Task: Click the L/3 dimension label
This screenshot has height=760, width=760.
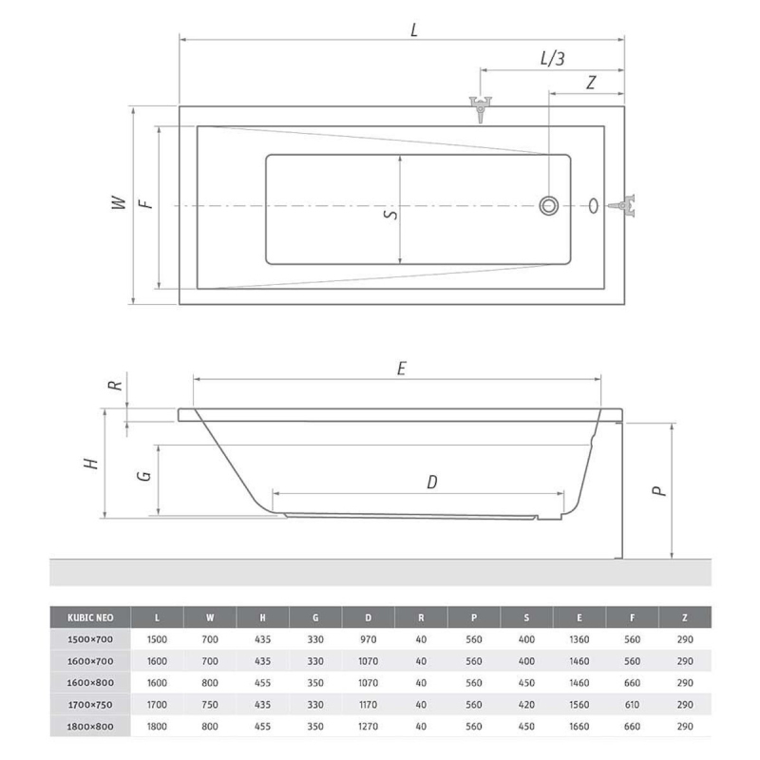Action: (x=553, y=59)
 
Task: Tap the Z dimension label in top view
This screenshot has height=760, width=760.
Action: (x=590, y=83)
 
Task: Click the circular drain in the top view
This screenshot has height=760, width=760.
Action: (x=549, y=205)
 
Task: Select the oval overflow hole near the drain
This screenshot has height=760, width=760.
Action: (x=593, y=205)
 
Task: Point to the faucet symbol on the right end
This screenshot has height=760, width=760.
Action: (x=623, y=205)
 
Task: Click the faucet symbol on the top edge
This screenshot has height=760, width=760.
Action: (x=481, y=109)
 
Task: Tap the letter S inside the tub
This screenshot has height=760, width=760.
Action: (x=390, y=213)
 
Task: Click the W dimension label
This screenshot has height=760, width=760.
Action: (x=119, y=202)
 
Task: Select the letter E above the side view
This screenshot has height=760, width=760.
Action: (x=401, y=369)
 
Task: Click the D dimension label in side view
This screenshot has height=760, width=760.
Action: (x=432, y=483)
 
